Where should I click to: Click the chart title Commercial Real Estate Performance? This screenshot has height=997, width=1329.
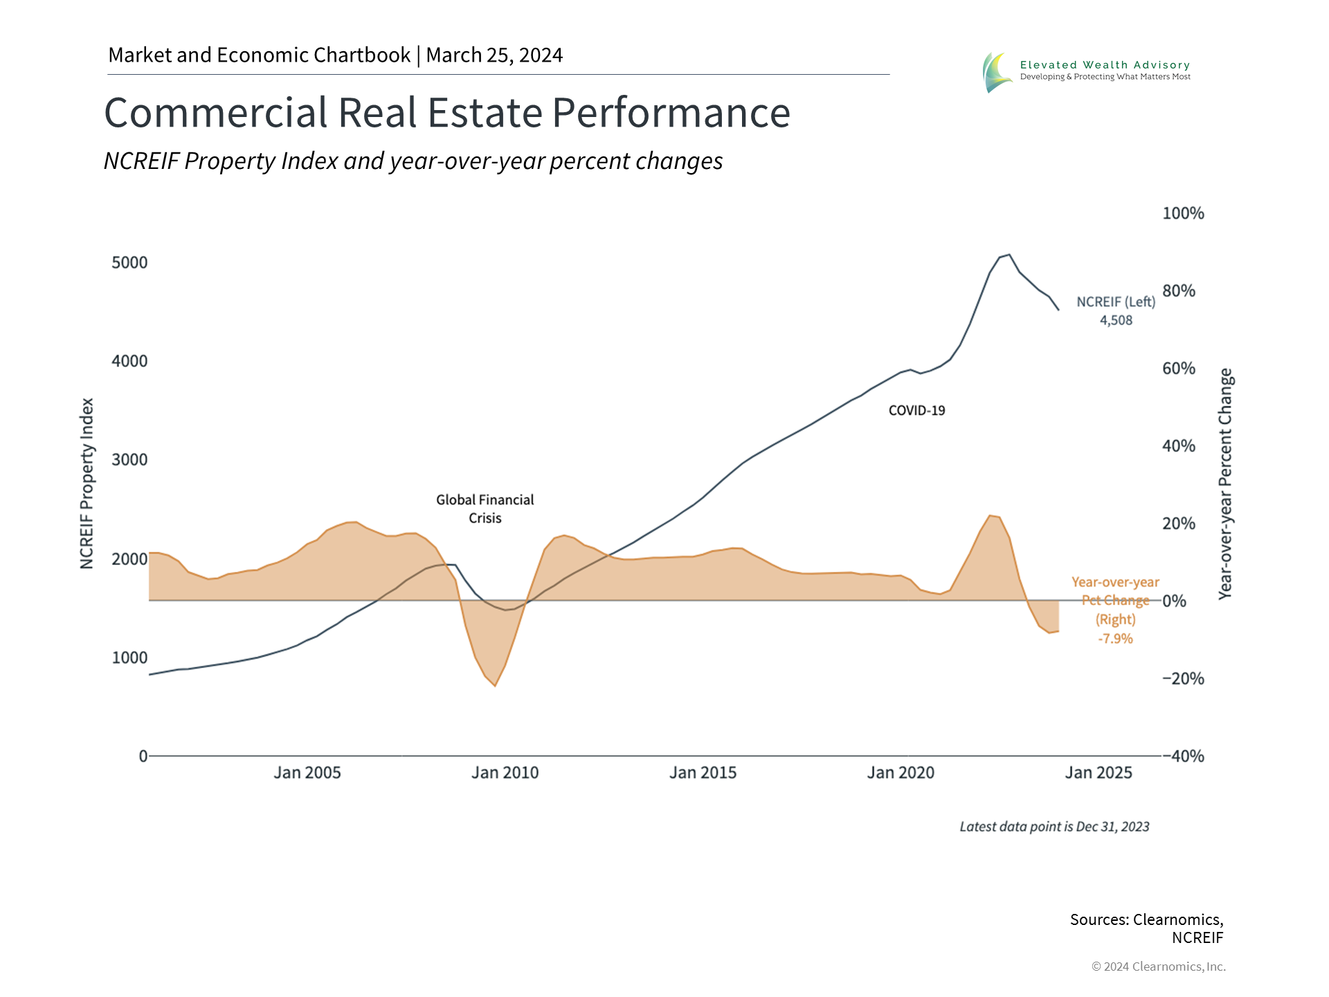tap(447, 113)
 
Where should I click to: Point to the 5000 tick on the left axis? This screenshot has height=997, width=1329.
tap(130, 262)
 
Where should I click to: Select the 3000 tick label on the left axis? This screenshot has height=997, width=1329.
tap(130, 460)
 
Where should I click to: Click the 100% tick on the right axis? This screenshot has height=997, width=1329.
tap(1183, 213)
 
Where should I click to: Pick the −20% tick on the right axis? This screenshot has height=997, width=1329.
tap(1183, 679)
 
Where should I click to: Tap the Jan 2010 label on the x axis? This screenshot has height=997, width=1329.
tap(505, 773)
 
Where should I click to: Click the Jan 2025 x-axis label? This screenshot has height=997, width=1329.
tap(1099, 773)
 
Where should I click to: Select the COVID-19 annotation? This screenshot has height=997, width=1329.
tap(916, 411)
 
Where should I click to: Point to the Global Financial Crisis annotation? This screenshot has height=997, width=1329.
tap(485, 509)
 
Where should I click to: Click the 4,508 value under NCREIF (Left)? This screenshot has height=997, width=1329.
tap(1116, 321)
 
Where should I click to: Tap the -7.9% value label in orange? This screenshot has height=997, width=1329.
tap(1115, 638)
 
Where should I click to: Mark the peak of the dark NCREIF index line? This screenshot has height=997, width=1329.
tap(1009, 255)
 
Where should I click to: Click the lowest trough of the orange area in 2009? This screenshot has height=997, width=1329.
tap(495, 685)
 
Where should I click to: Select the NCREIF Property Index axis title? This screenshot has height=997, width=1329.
tap(87, 483)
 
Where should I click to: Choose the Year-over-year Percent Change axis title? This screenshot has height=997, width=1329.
tap(1225, 483)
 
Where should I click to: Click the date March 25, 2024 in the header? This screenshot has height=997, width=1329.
tap(494, 55)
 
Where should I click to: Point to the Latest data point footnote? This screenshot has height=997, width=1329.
tap(1054, 827)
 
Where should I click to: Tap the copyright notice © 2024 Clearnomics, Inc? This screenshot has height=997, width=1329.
tap(1158, 967)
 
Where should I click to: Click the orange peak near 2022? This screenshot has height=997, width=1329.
tap(990, 516)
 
